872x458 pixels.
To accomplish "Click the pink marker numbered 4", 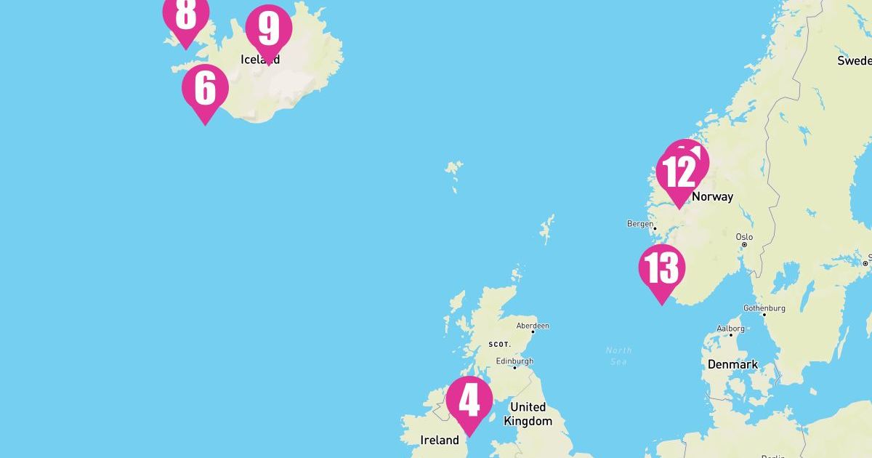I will click(469, 401).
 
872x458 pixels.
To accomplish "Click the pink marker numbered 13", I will click(662, 269).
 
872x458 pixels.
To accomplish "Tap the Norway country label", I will click(712, 196).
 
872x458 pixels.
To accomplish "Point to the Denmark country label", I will click(732, 364).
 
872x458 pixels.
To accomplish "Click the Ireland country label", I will click(440, 440).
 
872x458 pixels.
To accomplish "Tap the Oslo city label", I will click(744, 237).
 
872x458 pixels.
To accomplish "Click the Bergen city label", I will click(639, 224).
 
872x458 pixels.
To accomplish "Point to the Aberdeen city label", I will click(533, 326).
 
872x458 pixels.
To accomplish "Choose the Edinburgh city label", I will click(514, 361).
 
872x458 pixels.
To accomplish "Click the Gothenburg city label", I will click(764, 308).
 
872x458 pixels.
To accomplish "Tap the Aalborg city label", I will click(730, 329).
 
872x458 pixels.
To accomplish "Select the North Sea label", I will click(618, 355).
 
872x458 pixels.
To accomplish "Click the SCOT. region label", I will click(499, 344).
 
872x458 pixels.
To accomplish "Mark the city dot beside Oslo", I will click(744, 245).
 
